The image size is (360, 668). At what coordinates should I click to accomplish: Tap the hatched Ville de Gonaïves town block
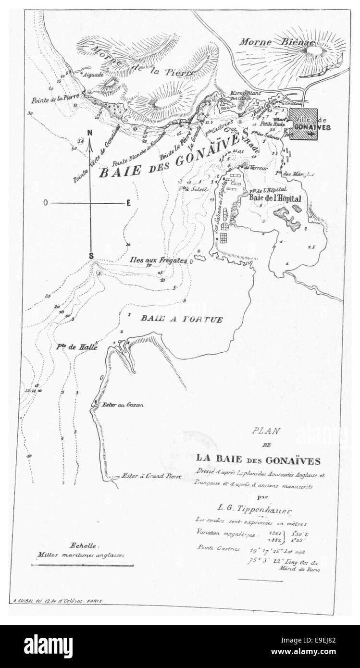point(303,124)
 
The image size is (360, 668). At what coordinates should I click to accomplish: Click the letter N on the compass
point(89,134)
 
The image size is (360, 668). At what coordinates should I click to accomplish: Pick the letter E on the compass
point(128,203)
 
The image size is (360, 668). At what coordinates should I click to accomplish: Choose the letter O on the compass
point(45,203)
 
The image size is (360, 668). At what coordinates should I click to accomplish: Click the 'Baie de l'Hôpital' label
point(274,198)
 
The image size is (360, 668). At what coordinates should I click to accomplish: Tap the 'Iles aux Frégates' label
point(159,260)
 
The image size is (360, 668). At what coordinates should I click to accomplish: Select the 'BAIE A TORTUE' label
point(182,319)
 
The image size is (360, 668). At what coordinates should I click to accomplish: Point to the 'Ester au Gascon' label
point(123,405)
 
